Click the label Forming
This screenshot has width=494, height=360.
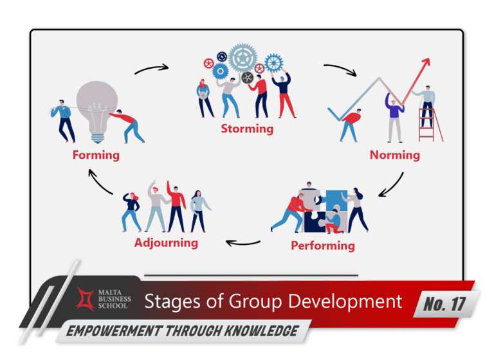tap(96, 155)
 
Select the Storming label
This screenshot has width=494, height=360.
tap(247, 129)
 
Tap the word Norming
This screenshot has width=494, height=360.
tap(394, 155)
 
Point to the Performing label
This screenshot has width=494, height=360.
tap(322, 246)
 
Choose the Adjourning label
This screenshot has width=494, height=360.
tap(166, 243)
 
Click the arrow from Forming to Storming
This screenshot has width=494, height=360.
tap(152, 67)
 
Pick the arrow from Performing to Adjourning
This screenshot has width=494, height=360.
tap(242, 243)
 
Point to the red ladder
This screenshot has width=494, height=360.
tap(426, 126)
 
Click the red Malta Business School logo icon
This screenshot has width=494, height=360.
tap(86, 299)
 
